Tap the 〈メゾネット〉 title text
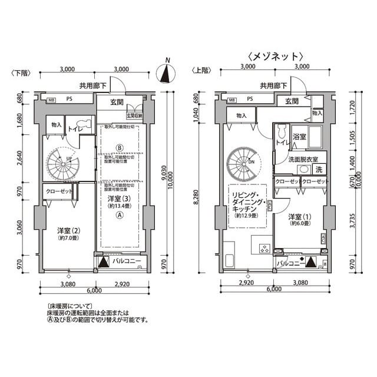pos(275,57)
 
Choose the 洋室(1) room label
pos(298,221)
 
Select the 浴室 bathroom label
pos(299,137)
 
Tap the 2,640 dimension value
pos(20,159)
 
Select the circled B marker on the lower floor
pos(120,147)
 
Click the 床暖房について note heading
pos(68,307)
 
